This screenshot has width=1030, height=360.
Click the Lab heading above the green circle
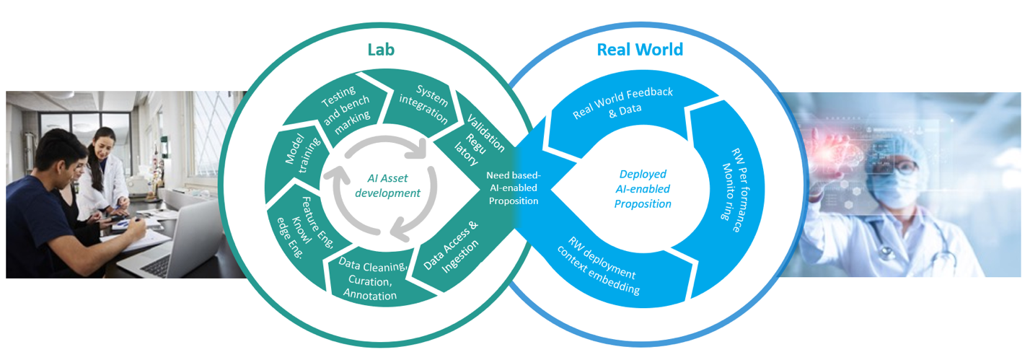(x=381, y=49)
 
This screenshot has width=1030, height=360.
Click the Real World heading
(x=640, y=49)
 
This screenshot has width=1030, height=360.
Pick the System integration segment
(x=423, y=105)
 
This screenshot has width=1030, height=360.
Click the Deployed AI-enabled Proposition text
(x=643, y=189)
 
